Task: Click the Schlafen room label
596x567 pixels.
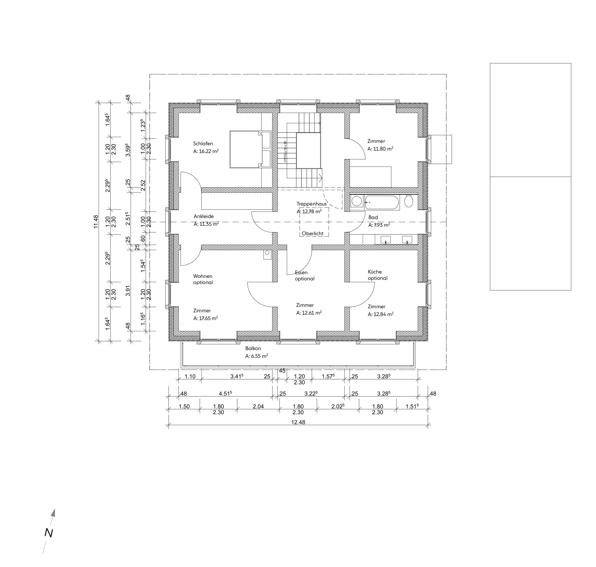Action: tap(203, 144)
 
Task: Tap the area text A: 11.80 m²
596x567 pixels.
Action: tap(380, 149)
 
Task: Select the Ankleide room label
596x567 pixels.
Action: tap(204, 216)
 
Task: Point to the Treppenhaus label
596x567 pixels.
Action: tap(311, 204)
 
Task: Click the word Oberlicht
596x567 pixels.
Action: tap(313, 234)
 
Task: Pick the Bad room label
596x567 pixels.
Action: tap(373, 217)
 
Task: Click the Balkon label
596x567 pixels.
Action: tap(253, 348)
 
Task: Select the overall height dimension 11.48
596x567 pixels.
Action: tap(96, 221)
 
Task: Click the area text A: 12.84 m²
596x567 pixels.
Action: tap(380, 314)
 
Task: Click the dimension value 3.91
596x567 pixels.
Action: tap(128, 291)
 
